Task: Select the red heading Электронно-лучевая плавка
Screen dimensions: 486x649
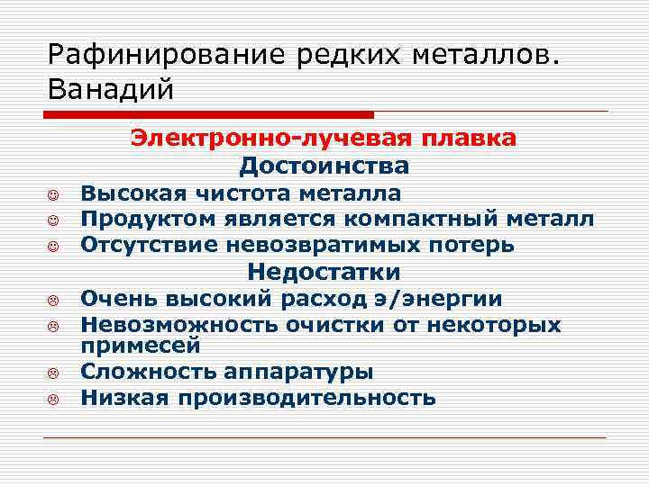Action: coord(324,138)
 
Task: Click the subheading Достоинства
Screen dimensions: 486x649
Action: coord(324,166)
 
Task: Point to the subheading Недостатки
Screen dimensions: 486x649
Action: coord(324,272)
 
